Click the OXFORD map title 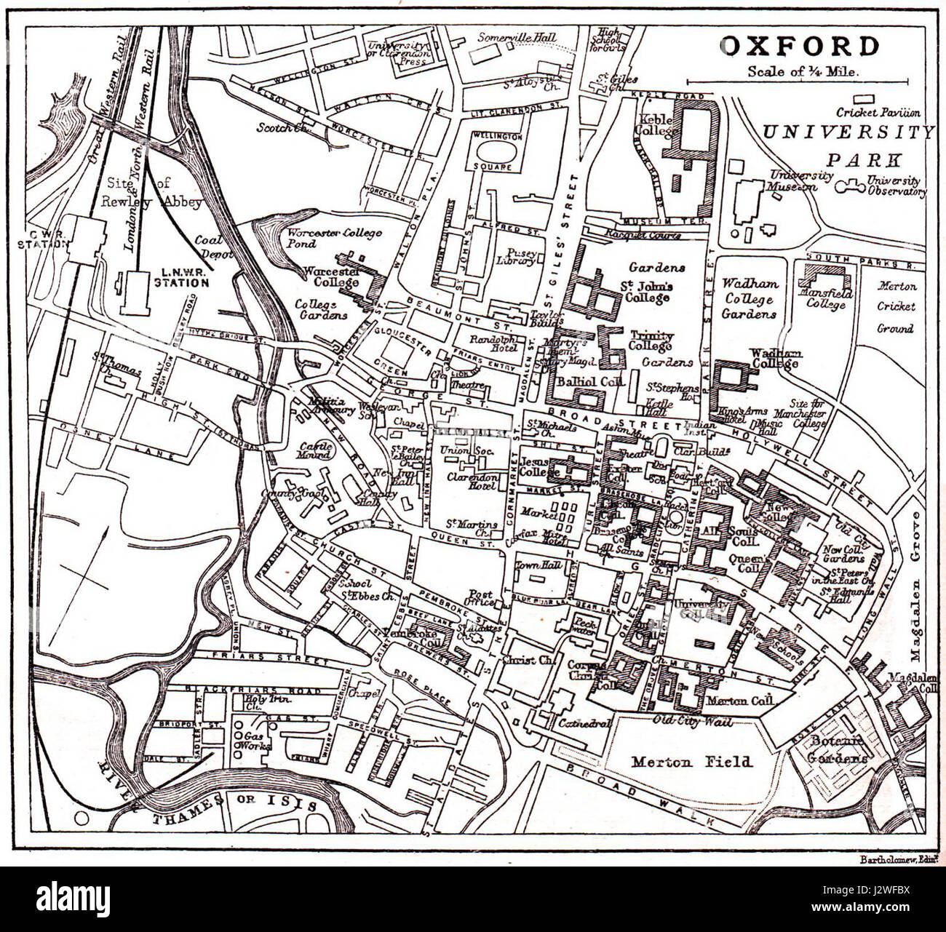pos(799,47)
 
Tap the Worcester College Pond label pos(334,239)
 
